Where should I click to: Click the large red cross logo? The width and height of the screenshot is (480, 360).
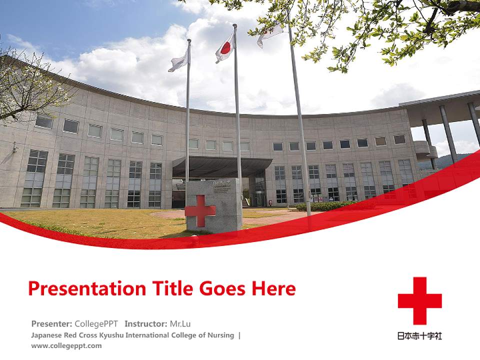pyautogui.click(x=419, y=300)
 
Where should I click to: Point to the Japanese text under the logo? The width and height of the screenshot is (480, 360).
pyautogui.click(x=419, y=336)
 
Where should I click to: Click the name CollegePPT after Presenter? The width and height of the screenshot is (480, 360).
pyautogui.click(x=96, y=323)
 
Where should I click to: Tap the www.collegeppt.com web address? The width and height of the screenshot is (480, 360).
pyautogui.click(x=66, y=345)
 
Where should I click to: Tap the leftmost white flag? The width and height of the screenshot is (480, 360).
pyautogui.click(x=179, y=60)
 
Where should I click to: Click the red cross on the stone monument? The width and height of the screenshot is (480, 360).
pyautogui.click(x=200, y=210)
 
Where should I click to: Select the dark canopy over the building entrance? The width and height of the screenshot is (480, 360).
pyautogui.click(x=222, y=166)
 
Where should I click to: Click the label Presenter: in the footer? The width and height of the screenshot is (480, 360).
pyautogui.click(x=51, y=323)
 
